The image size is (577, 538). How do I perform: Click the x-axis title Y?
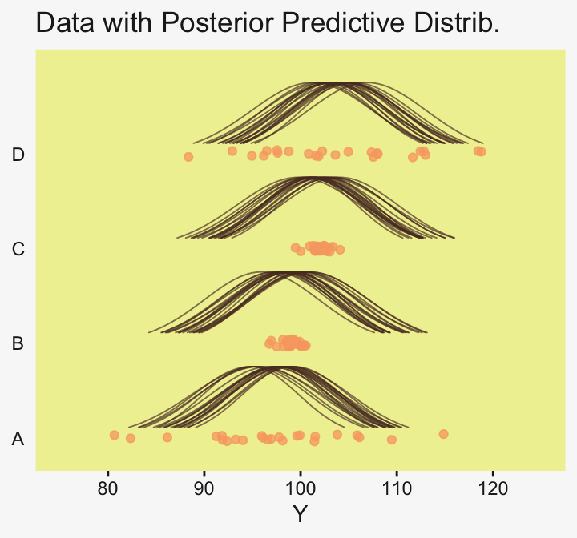click(300, 514)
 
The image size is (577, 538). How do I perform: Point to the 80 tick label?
click(107, 488)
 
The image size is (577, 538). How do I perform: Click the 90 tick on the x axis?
click(204, 488)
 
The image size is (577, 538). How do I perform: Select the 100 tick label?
click(300, 488)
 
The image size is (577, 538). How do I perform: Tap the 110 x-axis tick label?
click(396, 488)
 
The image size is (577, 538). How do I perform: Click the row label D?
click(18, 155)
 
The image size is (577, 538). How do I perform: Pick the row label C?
click(18, 249)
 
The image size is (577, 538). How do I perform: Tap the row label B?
click(18, 344)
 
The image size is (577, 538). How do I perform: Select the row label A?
click(18, 439)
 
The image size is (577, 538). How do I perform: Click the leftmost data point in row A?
click(114, 435)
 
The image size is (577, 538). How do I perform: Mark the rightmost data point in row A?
click(443, 434)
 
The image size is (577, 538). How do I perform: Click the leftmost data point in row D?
click(188, 157)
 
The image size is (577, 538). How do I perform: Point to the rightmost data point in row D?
click(481, 151)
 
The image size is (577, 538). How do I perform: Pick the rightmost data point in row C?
click(340, 250)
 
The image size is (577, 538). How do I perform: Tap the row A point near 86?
click(167, 437)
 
